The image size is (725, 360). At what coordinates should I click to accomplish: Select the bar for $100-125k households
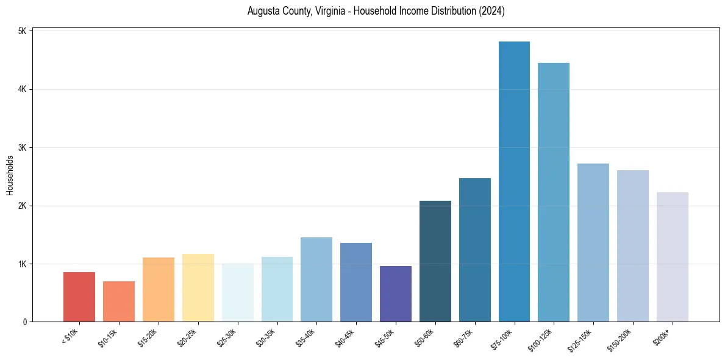(554, 192)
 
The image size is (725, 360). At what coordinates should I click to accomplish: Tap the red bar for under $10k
(79, 297)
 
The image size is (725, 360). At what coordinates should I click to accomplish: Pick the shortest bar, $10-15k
(119, 301)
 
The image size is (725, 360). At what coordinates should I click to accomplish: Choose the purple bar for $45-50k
(396, 293)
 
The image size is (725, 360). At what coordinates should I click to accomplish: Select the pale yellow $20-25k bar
(198, 287)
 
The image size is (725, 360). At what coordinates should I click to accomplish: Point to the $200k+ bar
(673, 257)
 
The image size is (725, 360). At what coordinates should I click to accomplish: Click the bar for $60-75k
(475, 250)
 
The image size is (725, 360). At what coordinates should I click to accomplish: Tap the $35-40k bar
(316, 279)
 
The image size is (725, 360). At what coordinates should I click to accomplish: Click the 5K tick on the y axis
(23, 31)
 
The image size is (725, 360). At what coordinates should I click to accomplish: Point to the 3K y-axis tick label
(23, 148)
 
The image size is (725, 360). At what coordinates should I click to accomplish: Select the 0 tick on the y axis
(25, 322)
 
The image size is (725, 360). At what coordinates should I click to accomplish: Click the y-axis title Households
(10, 175)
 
